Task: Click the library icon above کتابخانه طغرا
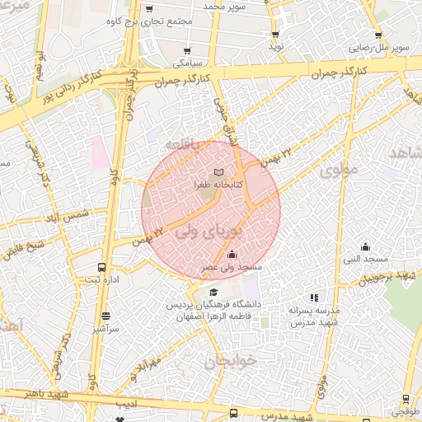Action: click(x=218, y=173)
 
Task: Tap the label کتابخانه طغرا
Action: click(x=218, y=185)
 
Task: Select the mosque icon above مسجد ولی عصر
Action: click(x=232, y=255)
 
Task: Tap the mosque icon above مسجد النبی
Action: click(x=366, y=247)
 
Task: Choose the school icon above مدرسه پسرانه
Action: click(x=313, y=298)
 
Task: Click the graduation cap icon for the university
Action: click(x=213, y=293)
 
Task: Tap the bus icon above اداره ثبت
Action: click(x=101, y=268)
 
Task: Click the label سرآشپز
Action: click(x=106, y=327)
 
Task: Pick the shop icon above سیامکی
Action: click(x=188, y=51)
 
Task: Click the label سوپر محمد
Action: click(x=226, y=7)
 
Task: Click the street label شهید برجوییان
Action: click(x=396, y=275)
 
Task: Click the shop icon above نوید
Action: click(x=274, y=35)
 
